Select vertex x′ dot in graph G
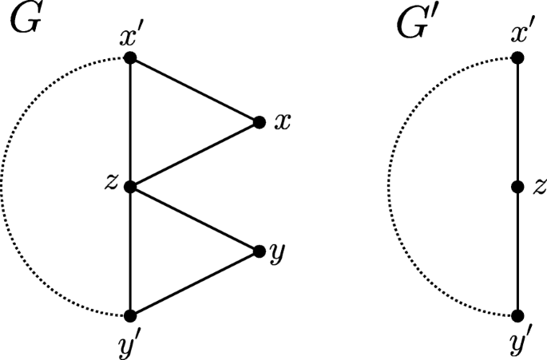coord(130,58)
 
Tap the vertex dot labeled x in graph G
coord(259,122)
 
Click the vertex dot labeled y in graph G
coord(259,251)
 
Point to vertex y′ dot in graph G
coord(130,315)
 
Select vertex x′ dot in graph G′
coord(517,58)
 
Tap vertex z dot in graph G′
coord(517,187)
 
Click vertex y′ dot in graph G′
coord(517,315)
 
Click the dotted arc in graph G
coord(2,187)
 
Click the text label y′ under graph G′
coord(518,343)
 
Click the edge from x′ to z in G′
coord(517,122)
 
